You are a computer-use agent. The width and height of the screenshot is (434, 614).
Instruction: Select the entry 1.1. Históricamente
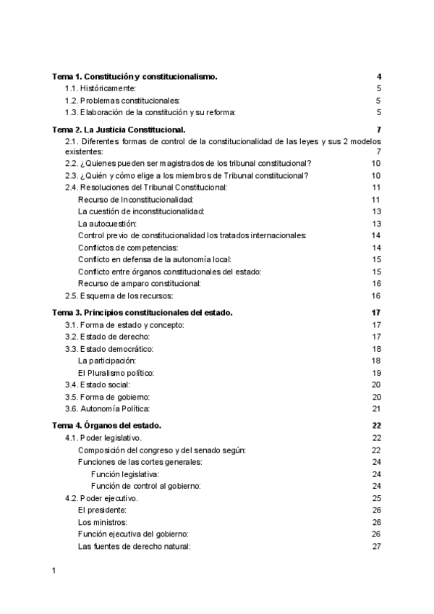(x=106, y=88)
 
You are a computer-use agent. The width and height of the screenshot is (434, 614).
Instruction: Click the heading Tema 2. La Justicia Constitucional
(x=119, y=129)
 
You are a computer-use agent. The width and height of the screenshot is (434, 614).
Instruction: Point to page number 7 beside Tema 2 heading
(x=378, y=129)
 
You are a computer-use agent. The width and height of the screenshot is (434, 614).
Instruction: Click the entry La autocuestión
(x=106, y=224)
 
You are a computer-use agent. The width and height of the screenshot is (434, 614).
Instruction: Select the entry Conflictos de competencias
(x=124, y=248)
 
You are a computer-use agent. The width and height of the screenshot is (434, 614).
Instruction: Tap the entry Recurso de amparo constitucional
(x=139, y=283)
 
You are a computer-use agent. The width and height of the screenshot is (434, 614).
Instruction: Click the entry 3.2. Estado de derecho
(x=109, y=337)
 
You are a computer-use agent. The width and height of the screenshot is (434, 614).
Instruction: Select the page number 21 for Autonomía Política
(x=376, y=408)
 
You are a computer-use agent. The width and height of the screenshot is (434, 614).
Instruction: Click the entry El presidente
(x=103, y=509)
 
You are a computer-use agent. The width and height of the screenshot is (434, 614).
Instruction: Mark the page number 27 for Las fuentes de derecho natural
(x=376, y=546)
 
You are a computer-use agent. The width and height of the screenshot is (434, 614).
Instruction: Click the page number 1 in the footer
(x=54, y=573)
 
